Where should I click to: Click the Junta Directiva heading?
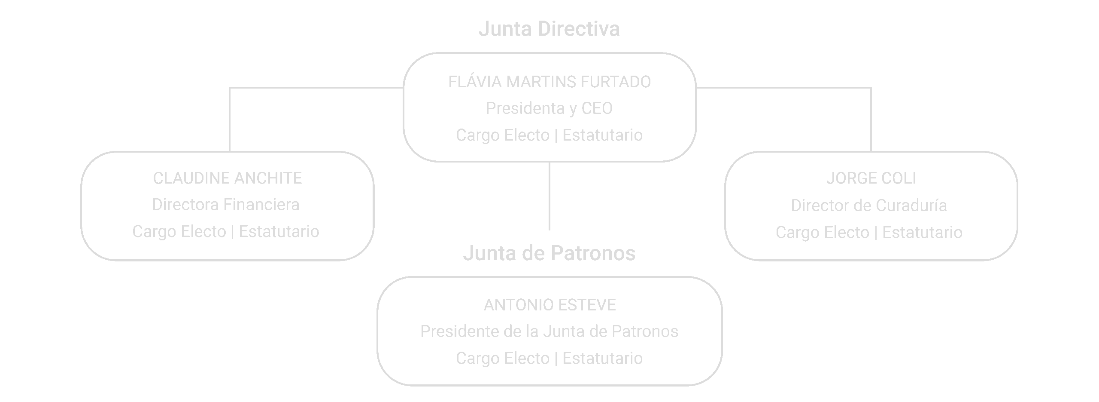pyautogui.click(x=549, y=29)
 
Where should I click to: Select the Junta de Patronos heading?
pyautogui.click(x=549, y=253)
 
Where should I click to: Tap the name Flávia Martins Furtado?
pyautogui.click(x=549, y=82)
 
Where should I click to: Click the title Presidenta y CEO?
pyautogui.click(x=549, y=108)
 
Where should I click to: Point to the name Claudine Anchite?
pyautogui.click(x=228, y=178)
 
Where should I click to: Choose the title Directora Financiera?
pyautogui.click(x=226, y=205)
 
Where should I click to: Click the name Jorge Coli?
pyautogui.click(x=871, y=178)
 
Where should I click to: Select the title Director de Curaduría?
pyautogui.click(x=869, y=206)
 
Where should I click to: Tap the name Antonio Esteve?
pyautogui.click(x=549, y=305)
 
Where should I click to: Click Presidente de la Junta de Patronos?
pyautogui.click(x=549, y=331)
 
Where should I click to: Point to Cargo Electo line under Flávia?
pyautogui.click(x=549, y=135)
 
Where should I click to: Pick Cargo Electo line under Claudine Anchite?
pyautogui.click(x=226, y=232)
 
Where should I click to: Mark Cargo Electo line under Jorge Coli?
pyautogui.click(x=869, y=233)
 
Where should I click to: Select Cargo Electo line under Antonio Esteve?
pyautogui.click(x=549, y=358)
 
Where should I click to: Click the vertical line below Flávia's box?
pyautogui.click(x=549, y=196)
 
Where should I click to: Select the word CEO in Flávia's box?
pyautogui.click(x=597, y=108)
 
